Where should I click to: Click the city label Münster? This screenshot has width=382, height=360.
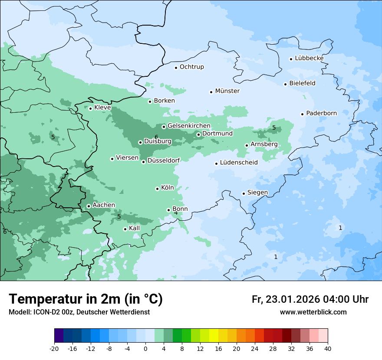[x=227, y=91]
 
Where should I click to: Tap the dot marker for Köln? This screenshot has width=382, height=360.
[x=157, y=189]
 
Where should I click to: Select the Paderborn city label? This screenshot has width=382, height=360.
[x=321, y=113]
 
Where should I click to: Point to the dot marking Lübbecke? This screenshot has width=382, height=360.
[x=291, y=59]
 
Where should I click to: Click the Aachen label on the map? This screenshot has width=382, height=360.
[x=104, y=205]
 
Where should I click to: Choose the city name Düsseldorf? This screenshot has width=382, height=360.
[x=164, y=160]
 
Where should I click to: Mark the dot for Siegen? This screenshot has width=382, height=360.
[x=244, y=193]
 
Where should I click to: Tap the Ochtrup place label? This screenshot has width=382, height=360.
[x=191, y=67]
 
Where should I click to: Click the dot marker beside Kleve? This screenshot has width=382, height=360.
[x=90, y=108]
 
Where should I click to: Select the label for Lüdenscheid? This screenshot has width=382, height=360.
[x=239, y=163]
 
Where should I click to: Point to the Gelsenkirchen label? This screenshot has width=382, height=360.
[x=189, y=126]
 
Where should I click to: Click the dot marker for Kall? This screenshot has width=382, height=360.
[x=125, y=229]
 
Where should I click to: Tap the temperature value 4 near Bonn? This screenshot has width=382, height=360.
[x=176, y=213]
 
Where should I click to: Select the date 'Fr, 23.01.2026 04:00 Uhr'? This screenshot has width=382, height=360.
[x=310, y=299]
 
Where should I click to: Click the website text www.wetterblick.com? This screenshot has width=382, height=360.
[x=313, y=312]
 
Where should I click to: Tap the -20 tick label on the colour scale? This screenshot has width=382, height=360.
[x=54, y=349]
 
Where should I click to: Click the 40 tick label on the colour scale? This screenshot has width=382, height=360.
[x=328, y=349]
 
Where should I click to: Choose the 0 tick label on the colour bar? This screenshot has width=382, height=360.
[x=145, y=349]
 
